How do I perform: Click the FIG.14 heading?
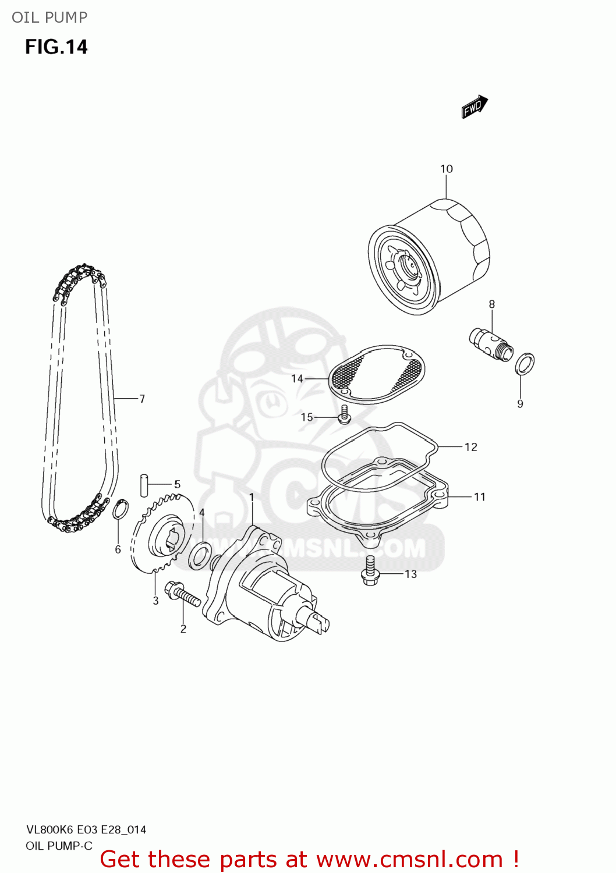point(56,47)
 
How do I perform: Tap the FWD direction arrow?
point(474,107)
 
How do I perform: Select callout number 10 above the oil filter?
point(447,169)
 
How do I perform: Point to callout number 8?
point(492,304)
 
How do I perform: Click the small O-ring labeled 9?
point(525,364)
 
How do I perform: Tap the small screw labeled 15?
point(345,414)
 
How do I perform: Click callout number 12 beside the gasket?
point(471,447)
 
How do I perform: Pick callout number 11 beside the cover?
point(480,496)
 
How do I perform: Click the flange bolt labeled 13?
point(370,570)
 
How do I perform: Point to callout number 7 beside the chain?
point(142,399)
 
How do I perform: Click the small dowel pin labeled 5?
point(144,485)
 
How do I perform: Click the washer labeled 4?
point(200,555)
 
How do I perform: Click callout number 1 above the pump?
point(252,497)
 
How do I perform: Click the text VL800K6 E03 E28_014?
point(86,830)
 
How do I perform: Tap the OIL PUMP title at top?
point(49,17)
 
